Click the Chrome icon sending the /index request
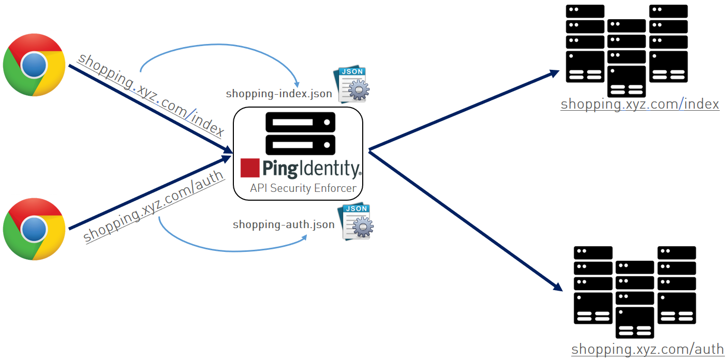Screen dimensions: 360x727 click(34, 65)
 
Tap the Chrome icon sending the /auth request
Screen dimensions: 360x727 click(34, 229)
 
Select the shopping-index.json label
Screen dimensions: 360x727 click(279, 94)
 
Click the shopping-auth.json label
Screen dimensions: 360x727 click(284, 224)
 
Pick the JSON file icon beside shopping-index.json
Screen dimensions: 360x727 click(354, 84)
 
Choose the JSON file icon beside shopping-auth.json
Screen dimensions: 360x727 click(357, 222)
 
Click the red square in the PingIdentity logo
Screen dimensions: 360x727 click(249, 168)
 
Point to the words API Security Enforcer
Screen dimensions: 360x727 click(303, 188)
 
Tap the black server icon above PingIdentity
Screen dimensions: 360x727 click(300, 133)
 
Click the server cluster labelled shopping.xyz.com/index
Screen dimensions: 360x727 click(627, 49)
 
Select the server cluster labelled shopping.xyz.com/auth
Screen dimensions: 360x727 click(635, 291)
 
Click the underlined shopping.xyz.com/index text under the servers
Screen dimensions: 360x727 click(640, 104)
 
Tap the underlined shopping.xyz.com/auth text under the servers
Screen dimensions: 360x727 click(647, 349)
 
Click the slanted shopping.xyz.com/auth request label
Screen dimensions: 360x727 click(154, 205)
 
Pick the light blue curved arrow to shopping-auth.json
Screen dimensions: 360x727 click(228, 250)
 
